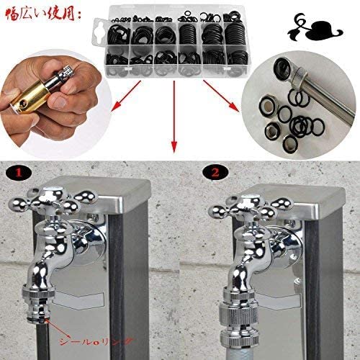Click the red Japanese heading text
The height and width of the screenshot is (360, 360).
[x=43, y=15]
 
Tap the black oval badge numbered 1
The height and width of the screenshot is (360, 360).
[x=19, y=172]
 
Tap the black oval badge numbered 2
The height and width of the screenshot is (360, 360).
[x=215, y=172]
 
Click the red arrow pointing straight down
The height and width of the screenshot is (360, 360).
[x=174, y=117]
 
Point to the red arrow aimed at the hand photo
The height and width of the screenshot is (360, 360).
[x=126, y=96]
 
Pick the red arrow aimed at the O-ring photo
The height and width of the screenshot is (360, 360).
[x=221, y=96]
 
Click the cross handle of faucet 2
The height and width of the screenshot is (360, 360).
[x=251, y=206]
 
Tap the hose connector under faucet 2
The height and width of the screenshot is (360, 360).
[x=238, y=318]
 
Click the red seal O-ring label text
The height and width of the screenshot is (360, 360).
[x=96, y=341]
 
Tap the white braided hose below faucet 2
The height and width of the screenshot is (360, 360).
[x=239, y=353]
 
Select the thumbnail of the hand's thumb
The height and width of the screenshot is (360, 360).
[x=59, y=102]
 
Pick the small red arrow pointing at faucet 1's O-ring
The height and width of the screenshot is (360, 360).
[x=58, y=327]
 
